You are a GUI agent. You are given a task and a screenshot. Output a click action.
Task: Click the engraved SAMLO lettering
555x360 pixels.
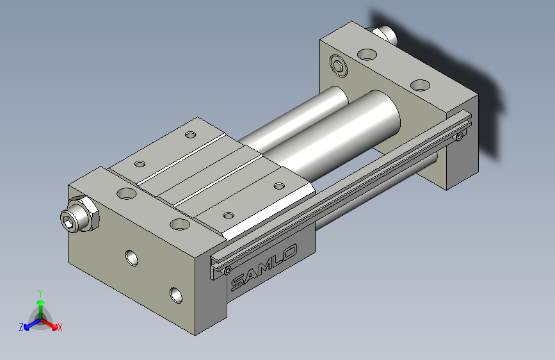click(264, 267)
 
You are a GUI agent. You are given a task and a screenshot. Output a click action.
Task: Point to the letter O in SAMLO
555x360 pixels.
click(290, 252)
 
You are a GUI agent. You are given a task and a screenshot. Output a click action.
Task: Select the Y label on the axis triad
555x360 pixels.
click(40, 293)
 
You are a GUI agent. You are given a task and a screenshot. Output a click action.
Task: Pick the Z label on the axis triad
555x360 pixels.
click(21, 327)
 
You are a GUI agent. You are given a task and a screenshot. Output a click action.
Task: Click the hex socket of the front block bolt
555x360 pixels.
click(68, 221)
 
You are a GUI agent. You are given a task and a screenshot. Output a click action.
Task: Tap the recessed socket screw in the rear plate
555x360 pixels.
click(339, 66)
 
